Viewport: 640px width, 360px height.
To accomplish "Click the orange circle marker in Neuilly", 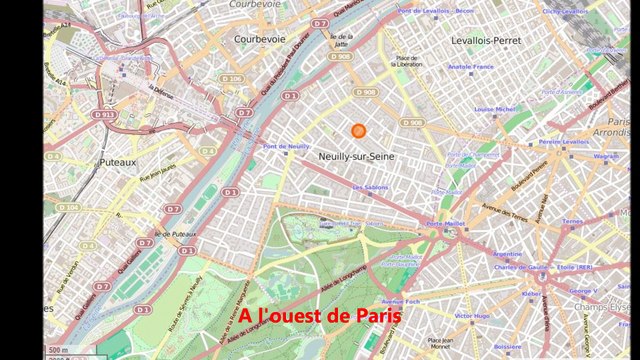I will [x=359, y=131].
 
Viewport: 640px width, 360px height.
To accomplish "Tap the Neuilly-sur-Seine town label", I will [x=355, y=157].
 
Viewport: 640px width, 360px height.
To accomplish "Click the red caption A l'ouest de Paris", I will [x=320, y=315].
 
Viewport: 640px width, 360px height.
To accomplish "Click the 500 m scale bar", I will [x=58, y=351].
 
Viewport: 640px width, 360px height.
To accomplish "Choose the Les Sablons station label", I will [x=370, y=187].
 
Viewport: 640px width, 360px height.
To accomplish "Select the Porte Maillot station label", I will [x=447, y=223].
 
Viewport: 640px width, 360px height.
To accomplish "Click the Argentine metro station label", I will [x=508, y=254].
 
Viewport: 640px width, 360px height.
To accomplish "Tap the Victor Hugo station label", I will [x=472, y=316].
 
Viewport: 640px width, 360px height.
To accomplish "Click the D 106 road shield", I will [x=231, y=78].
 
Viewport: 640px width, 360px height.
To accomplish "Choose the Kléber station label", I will [x=532, y=293].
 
